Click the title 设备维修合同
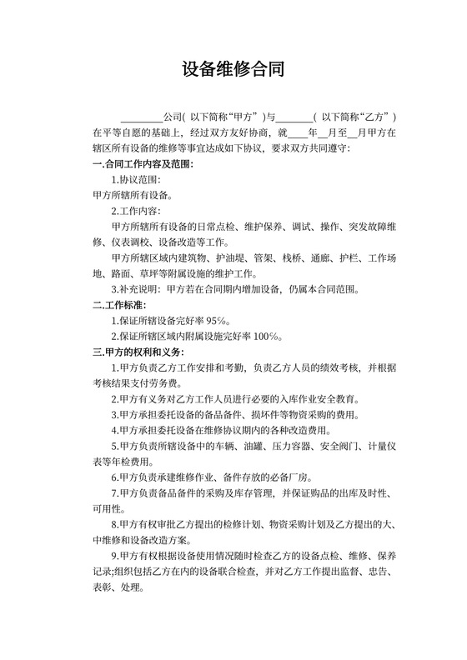[233, 69]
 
